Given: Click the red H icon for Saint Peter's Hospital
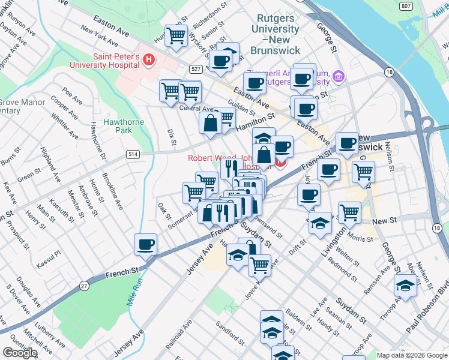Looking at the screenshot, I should click(149, 60).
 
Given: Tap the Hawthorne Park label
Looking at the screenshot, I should click(117, 125).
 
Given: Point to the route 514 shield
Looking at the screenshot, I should click(133, 154).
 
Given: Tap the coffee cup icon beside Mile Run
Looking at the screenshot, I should click(146, 245).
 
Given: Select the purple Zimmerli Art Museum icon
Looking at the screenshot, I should click(339, 77).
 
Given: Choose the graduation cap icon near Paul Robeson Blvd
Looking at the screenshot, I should click(406, 286).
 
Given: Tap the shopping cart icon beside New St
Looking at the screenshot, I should click(349, 212).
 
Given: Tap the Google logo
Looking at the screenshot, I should click(19, 353).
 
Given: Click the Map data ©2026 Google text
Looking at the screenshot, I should click(412, 355).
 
